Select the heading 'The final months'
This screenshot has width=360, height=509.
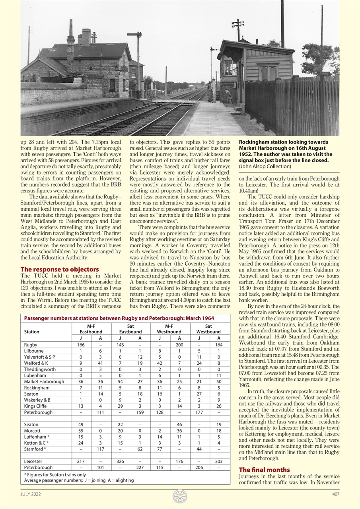[264, 470]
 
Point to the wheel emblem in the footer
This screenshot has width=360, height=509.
[180, 496]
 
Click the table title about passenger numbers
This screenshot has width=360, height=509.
[119, 318]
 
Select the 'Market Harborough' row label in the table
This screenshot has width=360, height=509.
[44, 381]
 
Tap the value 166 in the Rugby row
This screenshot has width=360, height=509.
[81, 345]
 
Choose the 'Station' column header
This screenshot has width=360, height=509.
[32, 332]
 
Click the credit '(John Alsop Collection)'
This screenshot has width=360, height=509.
[265, 166]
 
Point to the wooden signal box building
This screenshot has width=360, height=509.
[255, 68]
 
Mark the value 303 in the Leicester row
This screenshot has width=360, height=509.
[218, 461]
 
